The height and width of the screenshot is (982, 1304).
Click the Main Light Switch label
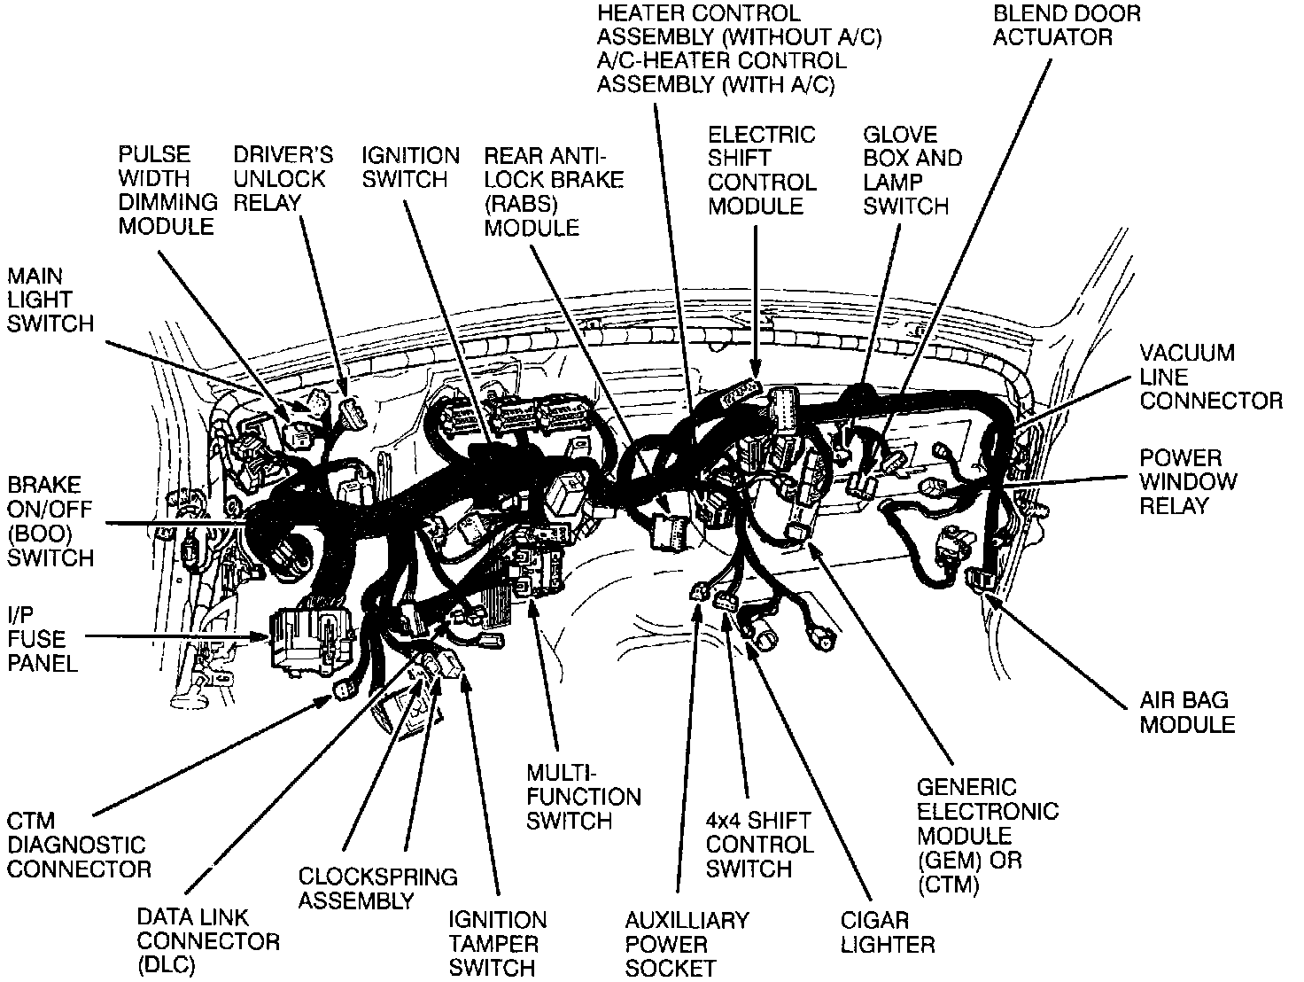(x=50, y=300)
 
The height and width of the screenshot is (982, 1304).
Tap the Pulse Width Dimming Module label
(x=167, y=191)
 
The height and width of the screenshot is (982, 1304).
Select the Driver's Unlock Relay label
(x=283, y=178)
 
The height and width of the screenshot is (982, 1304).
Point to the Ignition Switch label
(x=410, y=168)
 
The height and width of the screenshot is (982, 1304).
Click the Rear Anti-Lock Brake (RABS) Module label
(x=553, y=191)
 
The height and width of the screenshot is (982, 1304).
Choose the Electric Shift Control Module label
(x=761, y=170)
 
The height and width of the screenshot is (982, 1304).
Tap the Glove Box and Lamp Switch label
(x=912, y=170)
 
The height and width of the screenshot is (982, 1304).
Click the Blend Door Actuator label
(x=1066, y=25)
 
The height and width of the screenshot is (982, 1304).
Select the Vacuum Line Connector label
(x=1210, y=377)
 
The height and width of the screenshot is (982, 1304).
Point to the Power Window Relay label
(x=1187, y=482)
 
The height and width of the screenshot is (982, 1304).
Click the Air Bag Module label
(x=1186, y=712)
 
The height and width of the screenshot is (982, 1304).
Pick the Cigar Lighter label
(x=887, y=932)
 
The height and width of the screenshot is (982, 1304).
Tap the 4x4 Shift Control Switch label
(x=759, y=845)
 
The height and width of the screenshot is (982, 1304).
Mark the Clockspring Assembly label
(x=377, y=889)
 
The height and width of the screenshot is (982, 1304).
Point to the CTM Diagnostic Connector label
(x=78, y=844)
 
